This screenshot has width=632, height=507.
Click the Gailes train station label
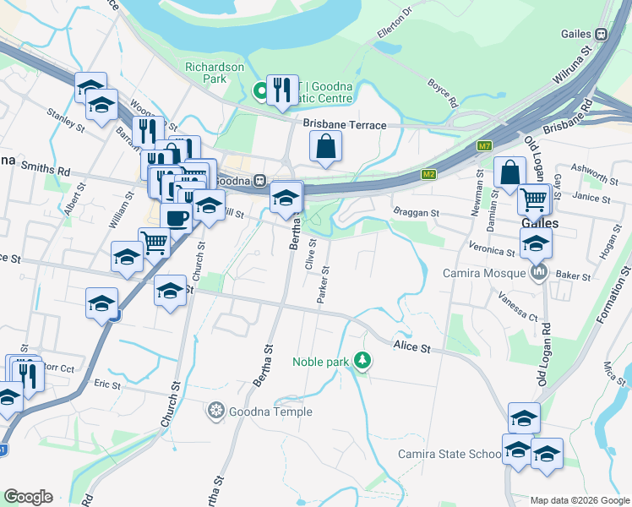tap(578, 34)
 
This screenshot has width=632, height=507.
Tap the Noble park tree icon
tap(362, 361)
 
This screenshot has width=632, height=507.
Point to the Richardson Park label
tap(215, 73)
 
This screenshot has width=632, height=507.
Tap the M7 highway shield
tap(484, 146)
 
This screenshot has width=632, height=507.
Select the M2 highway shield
tap(429, 175)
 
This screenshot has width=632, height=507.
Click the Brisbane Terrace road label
tap(345, 125)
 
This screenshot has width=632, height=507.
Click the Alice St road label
tap(412, 347)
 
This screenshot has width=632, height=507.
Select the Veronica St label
tap(493, 252)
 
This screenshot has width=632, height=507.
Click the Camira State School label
tap(451, 454)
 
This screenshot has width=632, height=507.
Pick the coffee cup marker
tap(176, 217)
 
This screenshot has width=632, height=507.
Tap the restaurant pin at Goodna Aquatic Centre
tap(282, 90)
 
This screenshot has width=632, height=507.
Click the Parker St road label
tap(324, 286)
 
